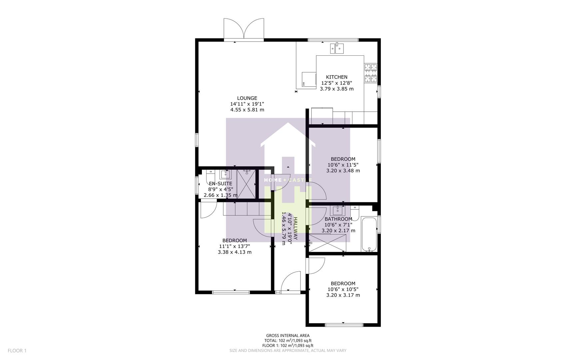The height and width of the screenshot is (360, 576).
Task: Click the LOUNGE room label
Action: pyautogui.click(x=247, y=98)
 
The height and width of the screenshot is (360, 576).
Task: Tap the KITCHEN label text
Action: pyautogui.click(x=336, y=77)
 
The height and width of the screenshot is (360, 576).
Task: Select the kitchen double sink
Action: pyautogui.click(x=337, y=49)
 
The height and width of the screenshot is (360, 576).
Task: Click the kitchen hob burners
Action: pyautogui.click(x=370, y=73)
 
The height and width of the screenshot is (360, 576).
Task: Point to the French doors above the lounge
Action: pyautogui.click(x=244, y=29)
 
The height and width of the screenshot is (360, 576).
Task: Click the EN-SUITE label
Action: pyautogui.click(x=220, y=184)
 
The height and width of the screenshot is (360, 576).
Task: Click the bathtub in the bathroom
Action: pyautogui.click(x=369, y=234)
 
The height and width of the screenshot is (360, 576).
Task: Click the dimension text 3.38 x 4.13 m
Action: pyautogui.click(x=235, y=252)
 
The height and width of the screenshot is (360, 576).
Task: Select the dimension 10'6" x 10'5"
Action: pyautogui.click(x=343, y=289)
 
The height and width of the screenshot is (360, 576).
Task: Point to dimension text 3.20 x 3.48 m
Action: pyautogui.click(x=343, y=170)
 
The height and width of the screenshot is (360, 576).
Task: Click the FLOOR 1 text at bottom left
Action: pyautogui.click(x=17, y=350)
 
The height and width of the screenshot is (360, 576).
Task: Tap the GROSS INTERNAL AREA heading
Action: pyautogui.click(x=288, y=336)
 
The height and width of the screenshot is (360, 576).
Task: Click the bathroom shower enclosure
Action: pyautogui.click(x=327, y=243)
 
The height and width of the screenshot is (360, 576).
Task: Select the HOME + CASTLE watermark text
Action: pyautogui.click(x=288, y=180)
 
